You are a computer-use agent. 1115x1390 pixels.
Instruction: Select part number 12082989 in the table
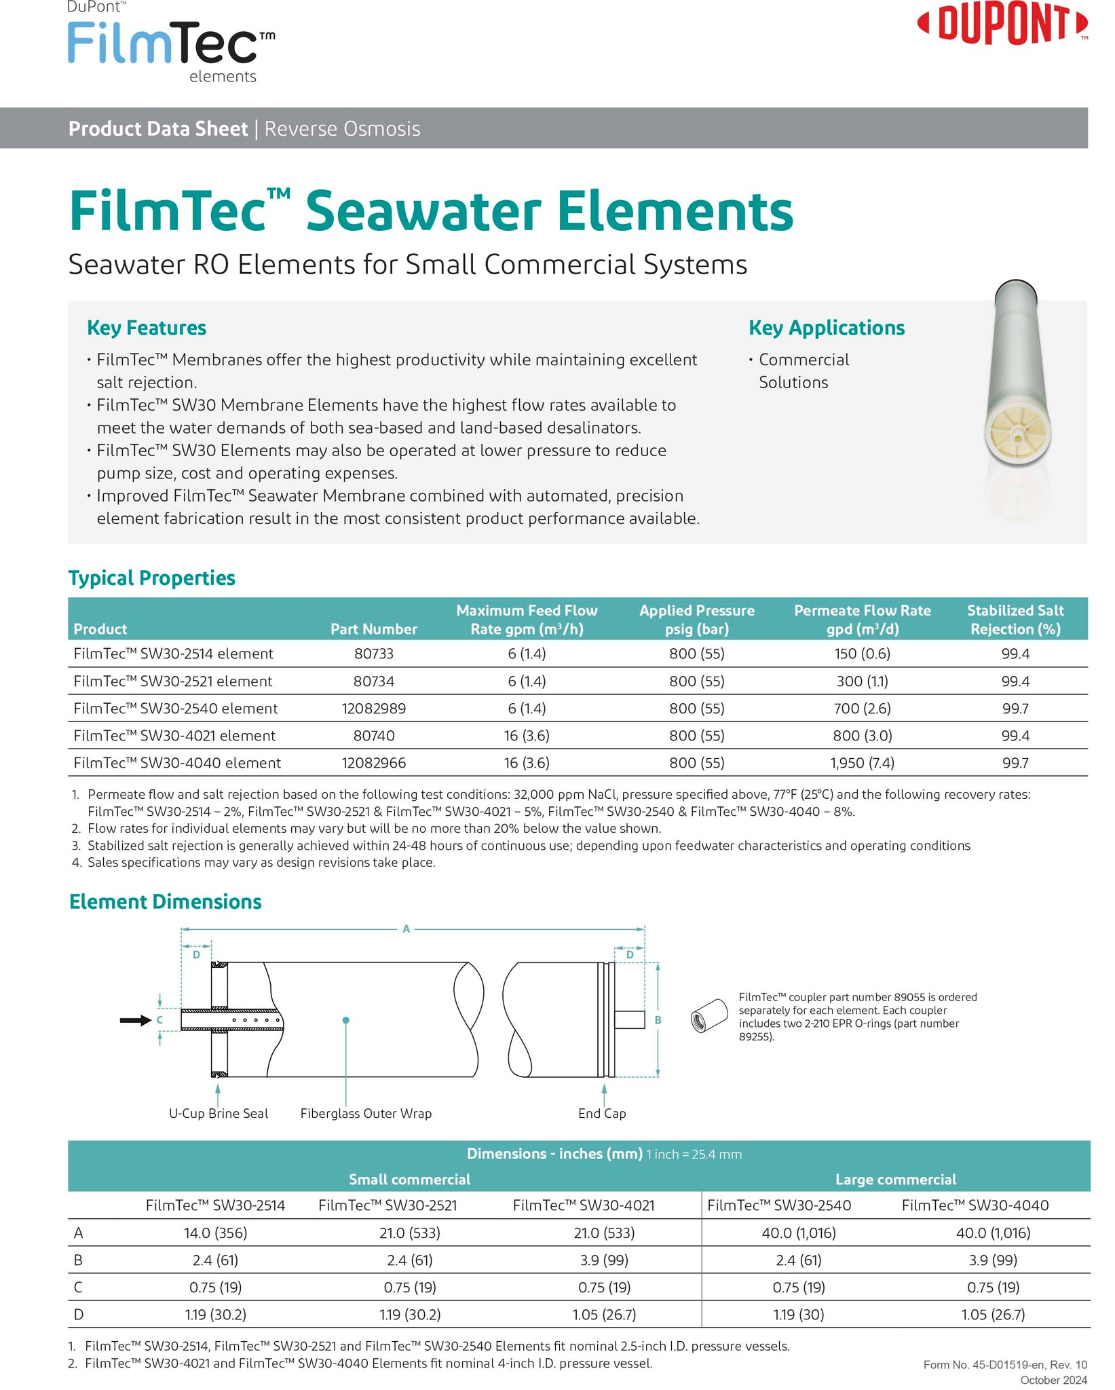pos(373,709)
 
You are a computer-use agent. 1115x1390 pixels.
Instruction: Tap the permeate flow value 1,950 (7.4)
pos(862,763)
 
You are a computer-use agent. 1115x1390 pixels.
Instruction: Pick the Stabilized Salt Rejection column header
pos(1015,620)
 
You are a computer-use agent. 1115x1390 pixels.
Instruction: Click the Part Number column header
pos(373,629)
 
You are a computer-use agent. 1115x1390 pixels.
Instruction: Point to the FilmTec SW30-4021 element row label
pos(174,736)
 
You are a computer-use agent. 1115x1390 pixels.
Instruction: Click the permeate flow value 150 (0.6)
pos(862,654)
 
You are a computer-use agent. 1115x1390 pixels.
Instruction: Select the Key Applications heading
pos(826,328)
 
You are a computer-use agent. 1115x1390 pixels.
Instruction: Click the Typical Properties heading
pos(152,578)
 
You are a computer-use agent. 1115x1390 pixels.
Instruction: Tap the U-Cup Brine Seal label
pos(218,1113)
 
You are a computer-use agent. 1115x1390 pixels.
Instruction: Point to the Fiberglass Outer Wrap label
pos(366,1113)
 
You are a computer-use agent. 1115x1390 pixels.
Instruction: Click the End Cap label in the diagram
pos(602,1113)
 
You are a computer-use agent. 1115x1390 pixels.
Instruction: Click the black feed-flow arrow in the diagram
pos(135,1020)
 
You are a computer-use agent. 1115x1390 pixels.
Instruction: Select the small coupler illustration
pos(708,1015)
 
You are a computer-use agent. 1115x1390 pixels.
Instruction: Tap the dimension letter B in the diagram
pos(658,1019)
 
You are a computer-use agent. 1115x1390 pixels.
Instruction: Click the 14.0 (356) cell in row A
pos(215,1233)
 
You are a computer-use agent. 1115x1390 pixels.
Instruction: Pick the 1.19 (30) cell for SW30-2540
pos(799,1314)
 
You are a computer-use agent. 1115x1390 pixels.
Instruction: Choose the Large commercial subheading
pos(895,1180)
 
